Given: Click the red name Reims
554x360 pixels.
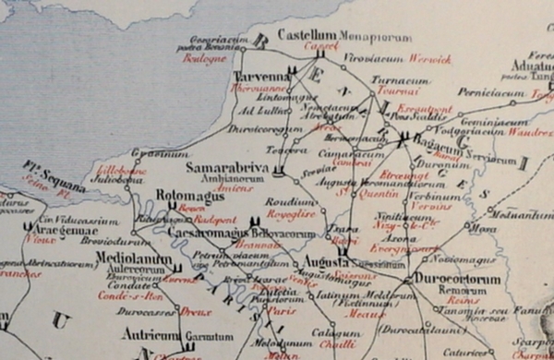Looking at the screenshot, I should tap(454, 300).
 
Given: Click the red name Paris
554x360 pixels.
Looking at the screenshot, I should tap(275, 311).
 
